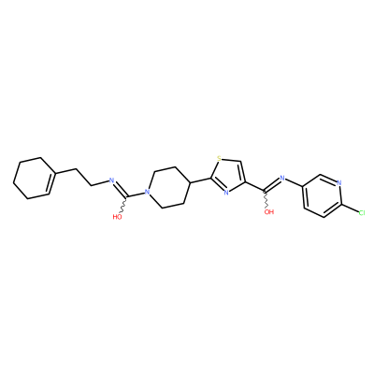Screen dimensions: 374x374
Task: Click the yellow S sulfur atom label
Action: pyautogui.click(x=219, y=159)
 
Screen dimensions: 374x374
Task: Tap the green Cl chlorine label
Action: pyautogui.click(x=362, y=213)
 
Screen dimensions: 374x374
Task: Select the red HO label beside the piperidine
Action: pyautogui.click(x=118, y=217)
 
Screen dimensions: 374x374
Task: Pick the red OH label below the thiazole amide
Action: pyautogui.click(x=269, y=212)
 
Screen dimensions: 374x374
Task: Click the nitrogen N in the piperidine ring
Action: pyautogui.click(x=148, y=192)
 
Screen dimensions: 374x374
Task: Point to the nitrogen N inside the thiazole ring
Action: pyautogui.click(x=226, y=193)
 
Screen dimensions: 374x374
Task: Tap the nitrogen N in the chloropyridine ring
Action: pyautogui.click(x=339, y=182)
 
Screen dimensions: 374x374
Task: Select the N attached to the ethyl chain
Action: pyautogui.click(x=110, y=180)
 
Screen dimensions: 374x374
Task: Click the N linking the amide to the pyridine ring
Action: pyautogui.click(x=282, y=179)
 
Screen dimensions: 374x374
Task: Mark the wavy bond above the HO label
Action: pyautogui.click(x=123, y=205)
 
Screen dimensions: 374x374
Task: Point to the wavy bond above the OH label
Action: pyautogui.click(x=266, y=199)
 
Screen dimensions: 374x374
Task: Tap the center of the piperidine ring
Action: pyautogui.click(x=168, y=188)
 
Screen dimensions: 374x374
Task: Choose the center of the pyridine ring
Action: pyautogui.click(x=322, y=195)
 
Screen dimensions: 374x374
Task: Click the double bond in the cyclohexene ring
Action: pyautogui.click(x=51, y=183)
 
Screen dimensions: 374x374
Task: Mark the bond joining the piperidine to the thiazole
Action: pyautogui.click(x=200, y=180)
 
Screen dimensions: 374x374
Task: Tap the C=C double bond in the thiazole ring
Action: pyautogui.click(x=243, y=172)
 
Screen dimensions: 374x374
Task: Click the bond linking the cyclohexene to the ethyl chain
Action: pyautogui.click(x=66, y=171)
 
